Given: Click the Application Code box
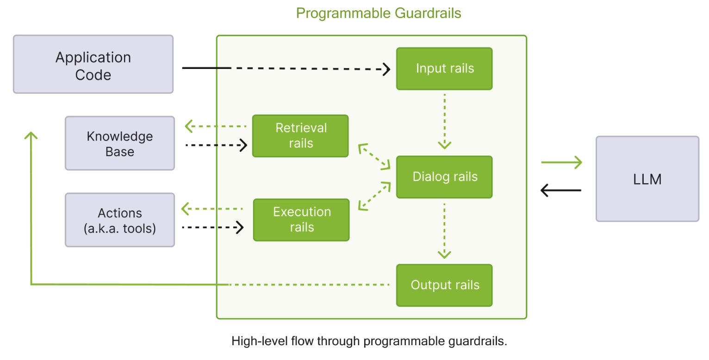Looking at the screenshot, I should [x=93, y=64].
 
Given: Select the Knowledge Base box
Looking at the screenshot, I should [x=120, y=143].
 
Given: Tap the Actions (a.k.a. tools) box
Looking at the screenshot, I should [x=120, y=220].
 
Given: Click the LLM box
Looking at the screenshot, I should [x=647, y=179].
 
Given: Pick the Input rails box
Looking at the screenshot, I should [x=444, y=68].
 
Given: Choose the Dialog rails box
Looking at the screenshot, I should [x=444, y=177].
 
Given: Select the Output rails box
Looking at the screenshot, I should [x=444, y=285].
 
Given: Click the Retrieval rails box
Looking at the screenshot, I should [x=300, y=136].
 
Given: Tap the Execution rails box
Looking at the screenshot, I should [x=301, y=220].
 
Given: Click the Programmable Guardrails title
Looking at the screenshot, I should [x=379, y=13].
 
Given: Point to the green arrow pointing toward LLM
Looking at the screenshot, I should [x=561, y=162].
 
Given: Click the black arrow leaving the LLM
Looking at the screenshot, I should [x=561, y=190].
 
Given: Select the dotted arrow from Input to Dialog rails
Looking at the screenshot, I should [x=444, y=121].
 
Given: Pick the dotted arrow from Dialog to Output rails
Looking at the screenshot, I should [x=444, y=230].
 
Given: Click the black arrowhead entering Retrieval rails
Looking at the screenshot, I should [x=243, y=145].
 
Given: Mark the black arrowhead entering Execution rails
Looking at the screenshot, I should [x=240, y=227].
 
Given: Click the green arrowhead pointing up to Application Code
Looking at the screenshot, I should [x=31, y=135].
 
